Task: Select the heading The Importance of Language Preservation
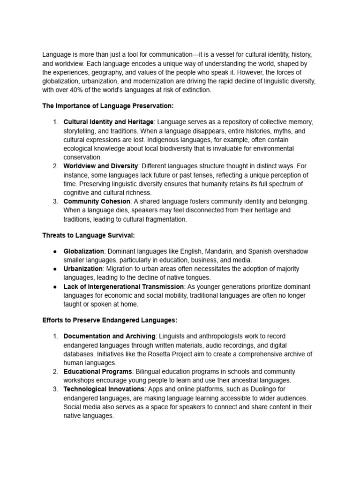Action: [x=108, y=106]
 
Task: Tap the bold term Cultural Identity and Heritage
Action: [x=108, y=122]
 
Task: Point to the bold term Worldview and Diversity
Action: [x=101, y=166]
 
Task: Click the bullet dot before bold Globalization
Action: [x=55, y=252]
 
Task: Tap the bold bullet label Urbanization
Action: [x=83, y=269]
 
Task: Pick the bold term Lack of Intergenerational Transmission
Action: [x=124, y=286]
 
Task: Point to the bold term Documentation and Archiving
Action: [x=109, y=337]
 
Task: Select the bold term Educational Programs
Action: [x=98, y=372]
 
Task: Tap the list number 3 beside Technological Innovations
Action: [x=55, y=389]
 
